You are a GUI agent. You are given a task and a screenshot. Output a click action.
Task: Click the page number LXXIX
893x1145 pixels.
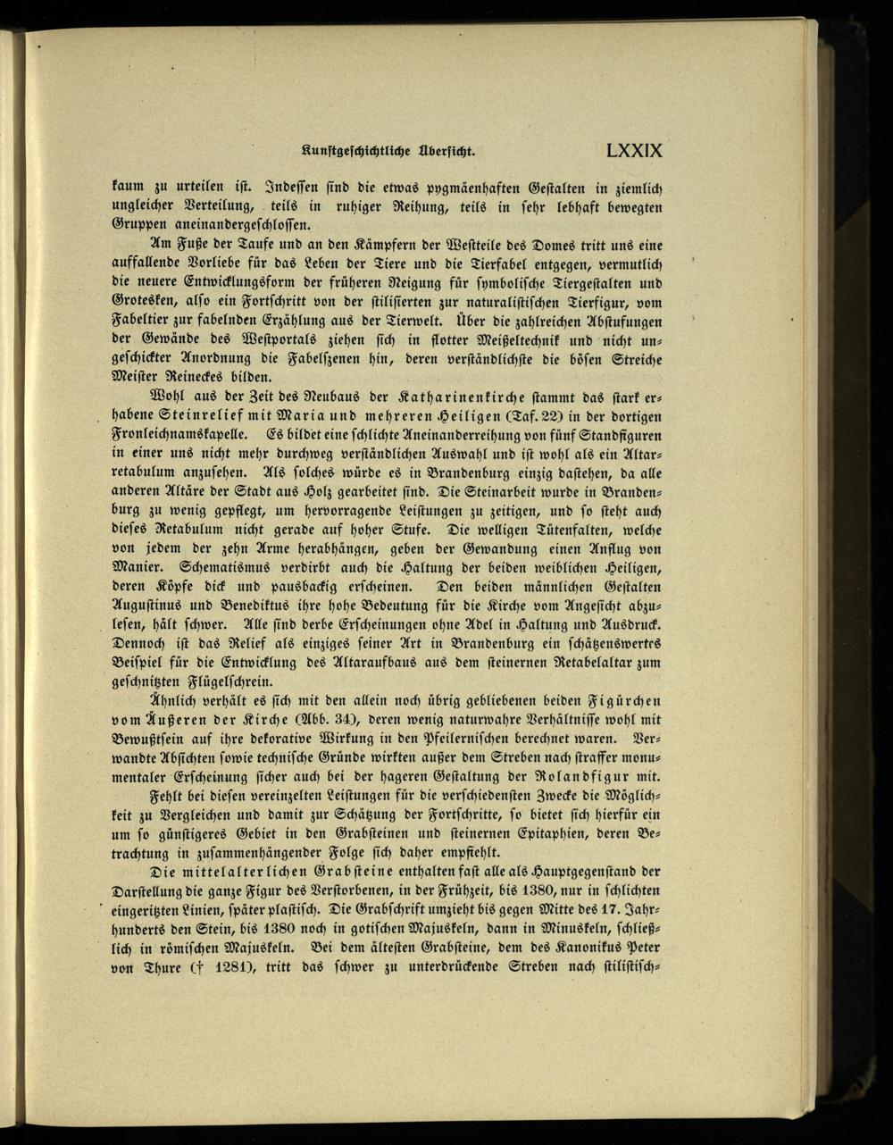pyautogui.click(x=633, y=150)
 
